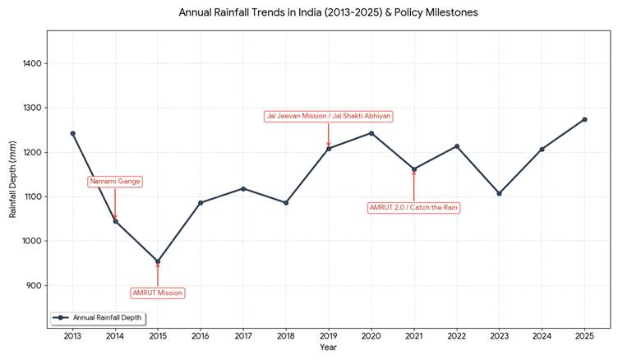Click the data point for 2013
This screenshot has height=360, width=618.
point(72,133)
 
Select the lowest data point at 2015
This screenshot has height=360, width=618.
point(158,261)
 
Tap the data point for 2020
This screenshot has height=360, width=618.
point(371,133)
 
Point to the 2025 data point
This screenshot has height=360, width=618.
point(584,119)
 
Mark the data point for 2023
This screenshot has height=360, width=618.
point(499,193)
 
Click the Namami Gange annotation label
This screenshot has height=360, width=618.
point(115,181)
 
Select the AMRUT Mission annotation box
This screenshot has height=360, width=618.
point(158,293)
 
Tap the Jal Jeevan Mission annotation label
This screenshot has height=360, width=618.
point(328,116)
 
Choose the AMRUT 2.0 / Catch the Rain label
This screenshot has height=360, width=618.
point(413,208)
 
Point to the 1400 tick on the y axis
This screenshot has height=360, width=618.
point(33,63)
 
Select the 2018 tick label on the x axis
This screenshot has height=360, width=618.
point(285,335)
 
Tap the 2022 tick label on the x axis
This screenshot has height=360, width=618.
point(456,335)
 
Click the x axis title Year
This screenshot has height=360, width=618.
point(328,347)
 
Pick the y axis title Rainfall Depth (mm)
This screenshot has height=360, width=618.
point(12,179)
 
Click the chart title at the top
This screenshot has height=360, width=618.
point(328,13)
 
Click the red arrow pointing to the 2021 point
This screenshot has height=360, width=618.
point(413,185)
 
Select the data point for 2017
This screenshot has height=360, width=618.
point(243,188)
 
